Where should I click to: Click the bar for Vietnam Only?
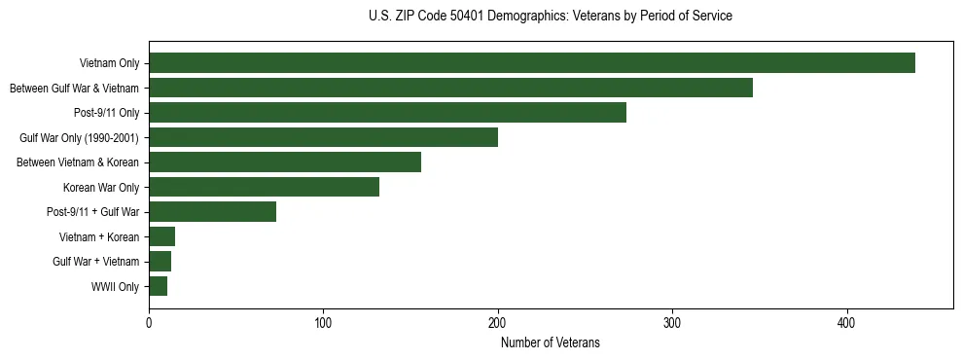(531, 63)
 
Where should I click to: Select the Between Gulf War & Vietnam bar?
(450, 88)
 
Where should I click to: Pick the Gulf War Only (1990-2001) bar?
(323, 137)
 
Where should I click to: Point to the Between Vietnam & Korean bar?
(285, 162)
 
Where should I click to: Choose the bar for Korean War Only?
(264, 187)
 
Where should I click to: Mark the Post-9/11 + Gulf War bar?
(212, 212)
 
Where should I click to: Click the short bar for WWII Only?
(158, 286)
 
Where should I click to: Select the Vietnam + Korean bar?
(161, 236)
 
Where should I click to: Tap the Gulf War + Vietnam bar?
(160, 262)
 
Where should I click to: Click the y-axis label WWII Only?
(116, 287)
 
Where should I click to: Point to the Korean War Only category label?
(101, 188)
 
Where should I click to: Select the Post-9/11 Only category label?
(107, 113)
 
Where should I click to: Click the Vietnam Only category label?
(109, 63)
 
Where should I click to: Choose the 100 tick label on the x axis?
(323, 322)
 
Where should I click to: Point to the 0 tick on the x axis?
(149, 322)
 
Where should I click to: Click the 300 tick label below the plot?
(672, 322)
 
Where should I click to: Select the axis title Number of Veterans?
(551, 342)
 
